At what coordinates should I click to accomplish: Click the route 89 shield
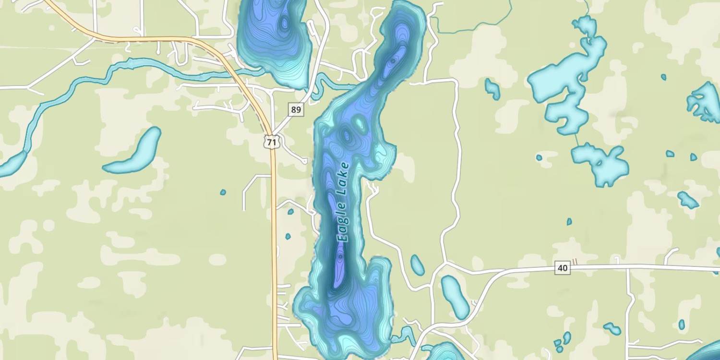coord(296,110)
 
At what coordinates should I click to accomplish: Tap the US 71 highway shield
coord(272,142)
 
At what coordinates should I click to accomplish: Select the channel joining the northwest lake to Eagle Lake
coord(331,84)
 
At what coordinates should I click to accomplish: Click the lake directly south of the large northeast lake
coord(600,163)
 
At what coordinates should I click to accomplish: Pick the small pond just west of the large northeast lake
coord(492,89)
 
